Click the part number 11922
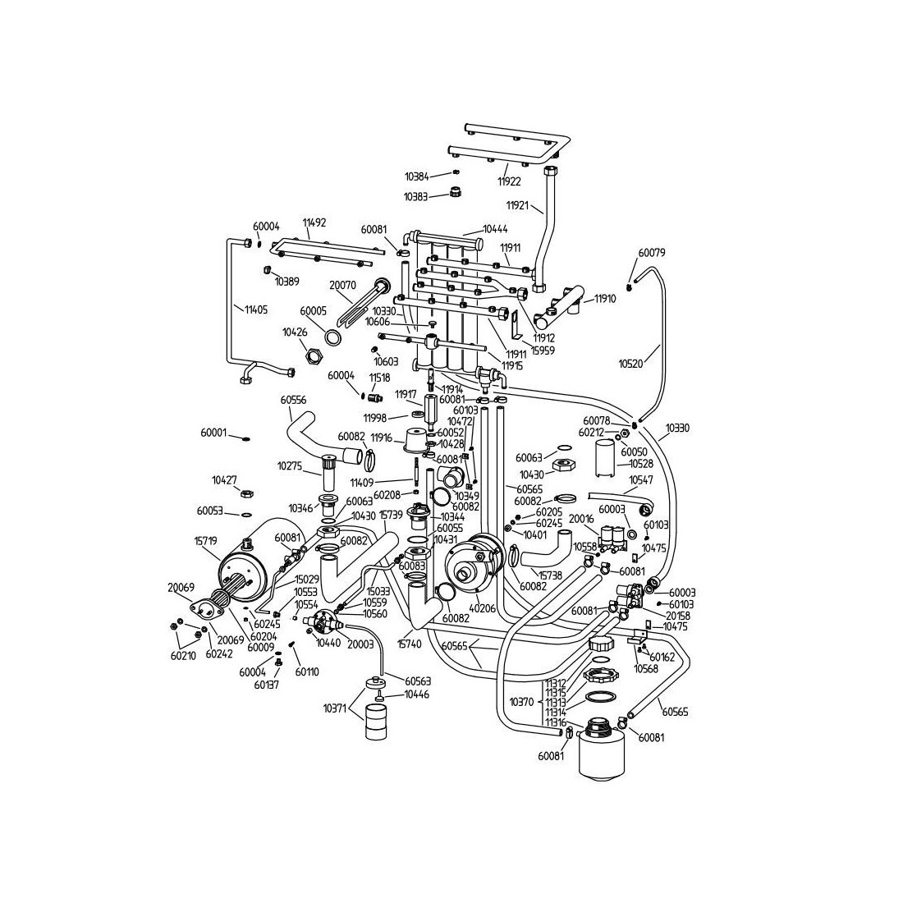point(509,181)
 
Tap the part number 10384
point(416,176)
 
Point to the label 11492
point(314,222)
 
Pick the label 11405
point(255,309)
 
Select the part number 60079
point(651,253)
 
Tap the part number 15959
point(543,349)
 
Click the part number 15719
point(205,543)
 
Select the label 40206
point(483,608)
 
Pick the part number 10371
point(335,708)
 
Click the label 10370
point(521,702)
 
